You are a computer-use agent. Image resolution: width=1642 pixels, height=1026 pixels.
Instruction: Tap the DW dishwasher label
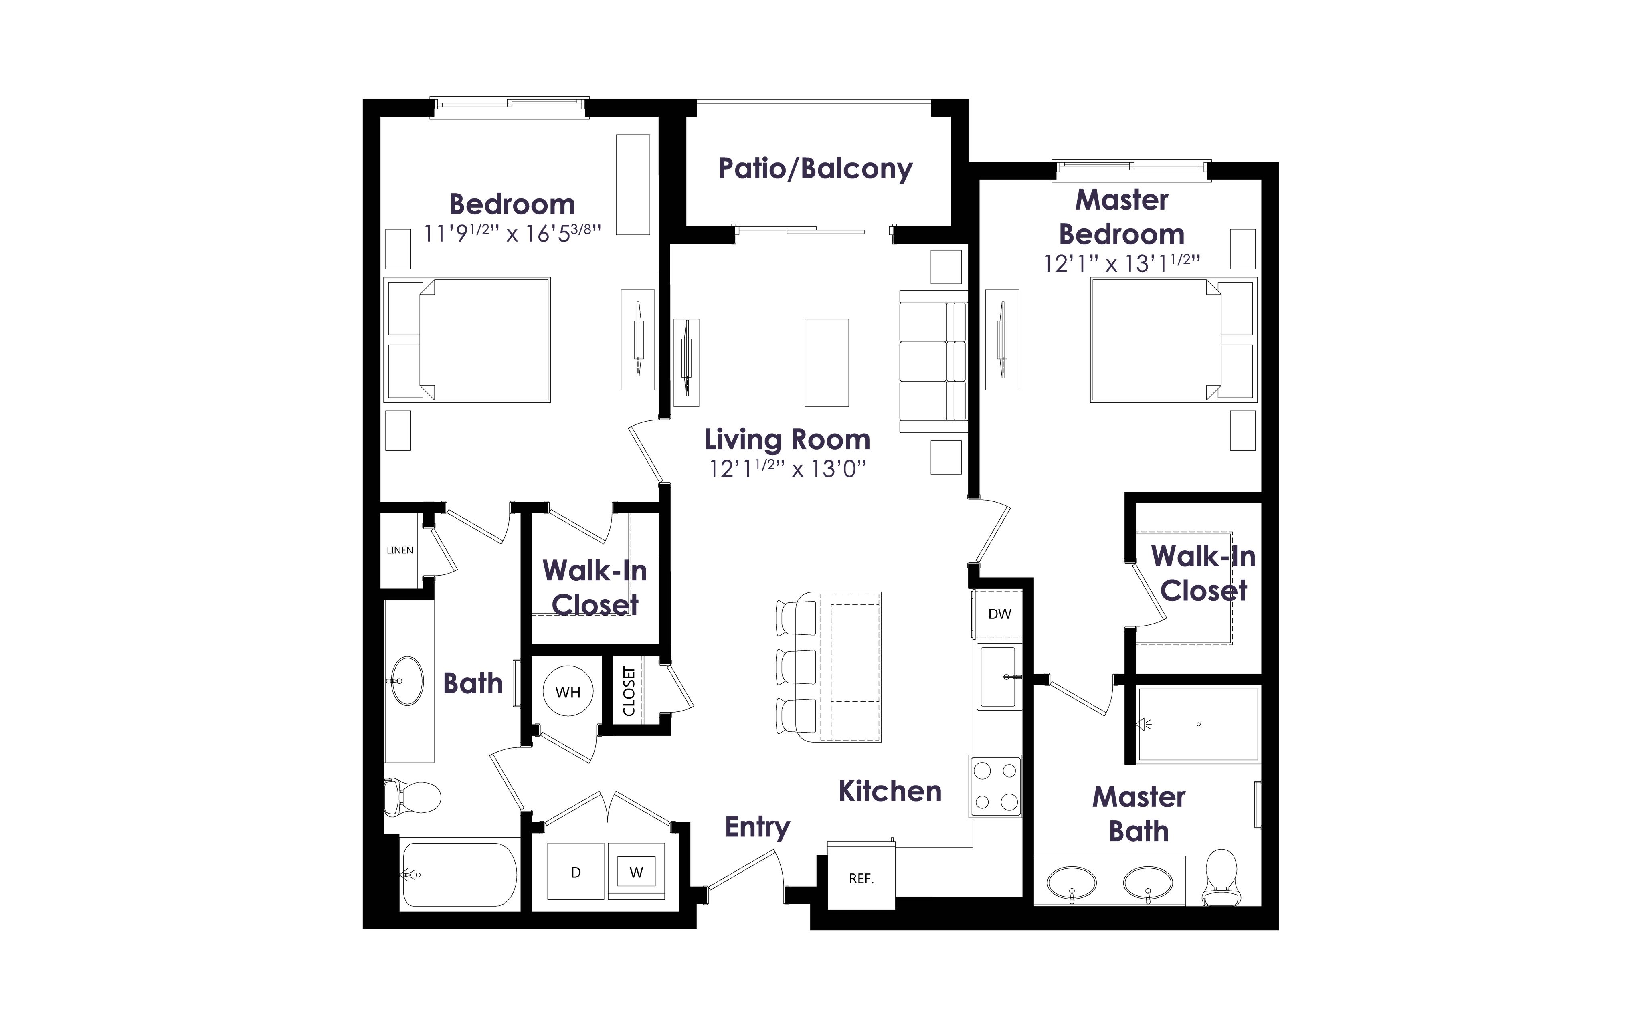click(999, 614)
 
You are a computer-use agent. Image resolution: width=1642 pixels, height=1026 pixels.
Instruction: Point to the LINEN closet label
click(400, 550)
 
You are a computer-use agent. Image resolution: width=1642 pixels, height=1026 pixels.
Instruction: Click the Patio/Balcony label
click(815, 168)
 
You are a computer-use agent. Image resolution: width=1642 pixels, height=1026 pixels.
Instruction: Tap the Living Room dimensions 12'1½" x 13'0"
click(789, 468)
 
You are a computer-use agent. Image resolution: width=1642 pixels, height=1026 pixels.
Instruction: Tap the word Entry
click(757, 827)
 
